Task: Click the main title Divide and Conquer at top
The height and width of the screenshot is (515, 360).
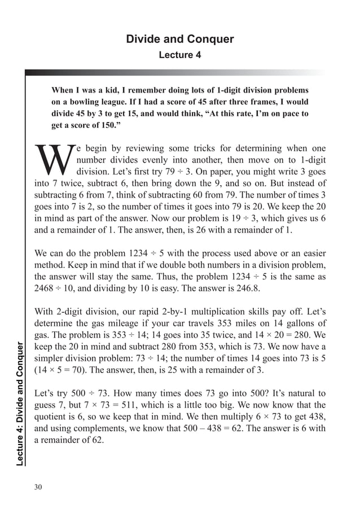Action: [x=179, y=39]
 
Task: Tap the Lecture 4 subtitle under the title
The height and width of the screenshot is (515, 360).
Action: [x=179, y=55]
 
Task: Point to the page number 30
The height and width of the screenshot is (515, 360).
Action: [x=38, y=487]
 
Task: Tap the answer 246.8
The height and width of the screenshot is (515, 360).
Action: [x=257, y=288]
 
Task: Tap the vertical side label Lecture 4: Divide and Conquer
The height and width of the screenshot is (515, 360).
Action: [x=20, y=404]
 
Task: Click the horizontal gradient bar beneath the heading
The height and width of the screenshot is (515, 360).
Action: [x=175, y=73]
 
